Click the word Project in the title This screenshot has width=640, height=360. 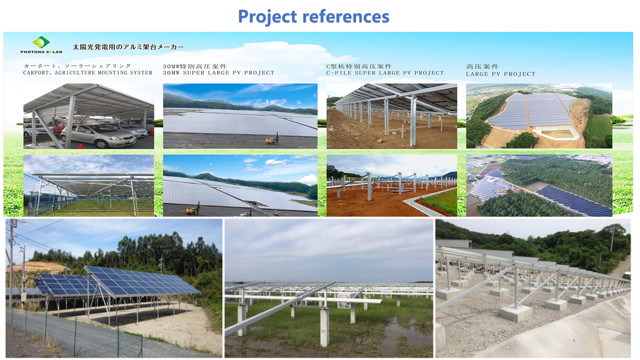pos(267,17)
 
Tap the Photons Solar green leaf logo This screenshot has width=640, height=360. pos(41,42)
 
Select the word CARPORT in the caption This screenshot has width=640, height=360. pos(36,73)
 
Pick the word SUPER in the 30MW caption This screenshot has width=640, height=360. pos(195,73)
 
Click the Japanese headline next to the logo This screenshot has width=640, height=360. pos(128,47)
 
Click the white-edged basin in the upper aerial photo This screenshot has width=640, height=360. pos(556,133)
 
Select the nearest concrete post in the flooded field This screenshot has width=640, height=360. pos(324,327)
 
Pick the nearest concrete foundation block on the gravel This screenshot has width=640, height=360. pos(515,313)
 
